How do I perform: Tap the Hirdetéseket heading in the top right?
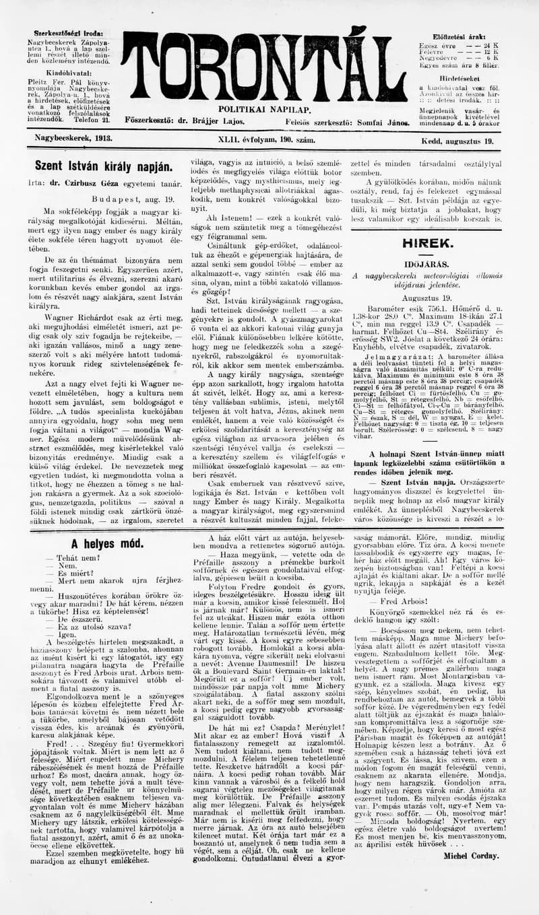458,78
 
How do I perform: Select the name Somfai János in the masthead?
385,121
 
